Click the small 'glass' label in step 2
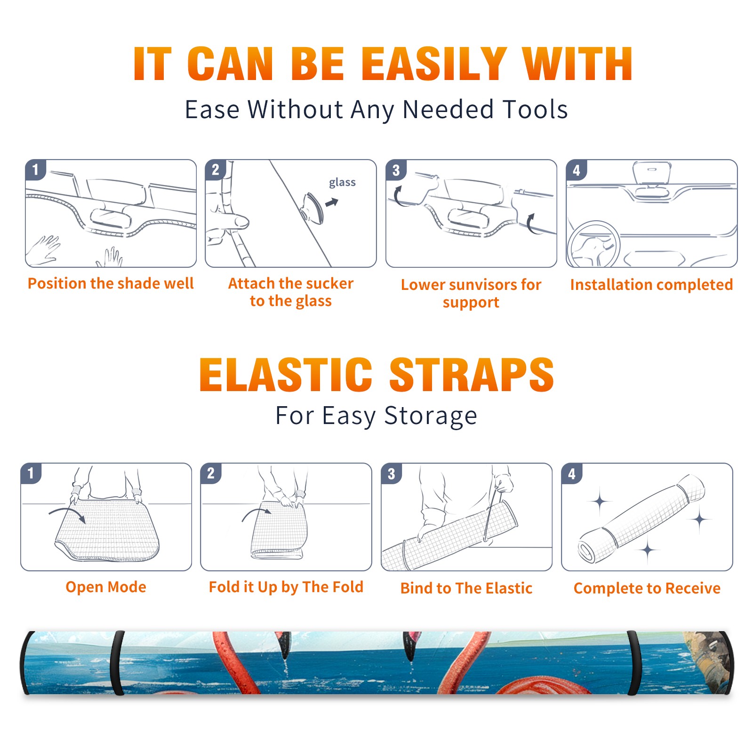tap(342, 183)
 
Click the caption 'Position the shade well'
tap(111, 283)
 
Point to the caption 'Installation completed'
tap(651, 284)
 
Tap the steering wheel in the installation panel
tap(593, 244)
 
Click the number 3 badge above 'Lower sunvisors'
tap(396, 170)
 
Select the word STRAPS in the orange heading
tap(472, 375)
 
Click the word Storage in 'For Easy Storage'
tap(431, 416)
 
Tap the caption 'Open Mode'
tap(106, 587)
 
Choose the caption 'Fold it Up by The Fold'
tap(286, 587)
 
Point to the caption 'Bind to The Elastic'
tap(466, 588)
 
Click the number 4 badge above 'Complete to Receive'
tap(572, 473)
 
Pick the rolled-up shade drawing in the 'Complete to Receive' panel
tap(641, 519)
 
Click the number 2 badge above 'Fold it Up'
tap(210, 473)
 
